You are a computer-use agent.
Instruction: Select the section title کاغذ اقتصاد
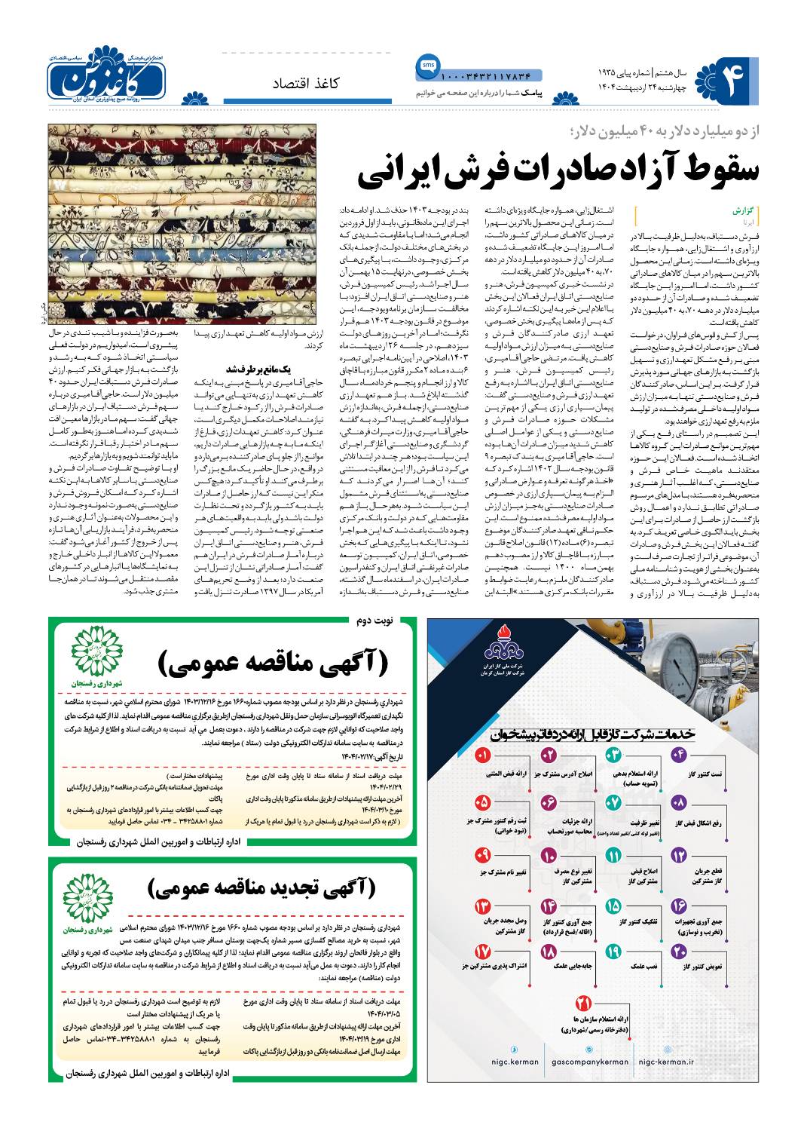pyautogui.click(x=306, y=83)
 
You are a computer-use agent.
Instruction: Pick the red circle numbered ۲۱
pyautogui.click(x=582, y=1004)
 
